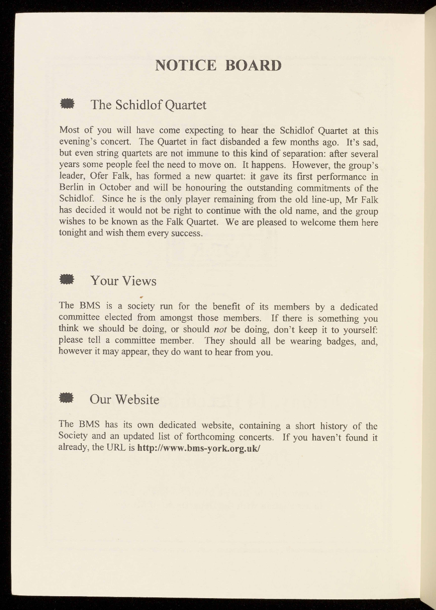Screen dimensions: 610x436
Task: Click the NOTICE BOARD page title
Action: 218,65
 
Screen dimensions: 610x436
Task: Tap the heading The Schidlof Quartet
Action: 148,105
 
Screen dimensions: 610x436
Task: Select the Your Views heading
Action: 123,281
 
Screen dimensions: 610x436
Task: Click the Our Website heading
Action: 124,399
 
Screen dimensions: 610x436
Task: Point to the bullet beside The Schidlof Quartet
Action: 67,104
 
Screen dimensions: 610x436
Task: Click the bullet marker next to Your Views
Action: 67,279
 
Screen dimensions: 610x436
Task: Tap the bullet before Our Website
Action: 67,398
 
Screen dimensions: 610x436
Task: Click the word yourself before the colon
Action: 361,329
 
